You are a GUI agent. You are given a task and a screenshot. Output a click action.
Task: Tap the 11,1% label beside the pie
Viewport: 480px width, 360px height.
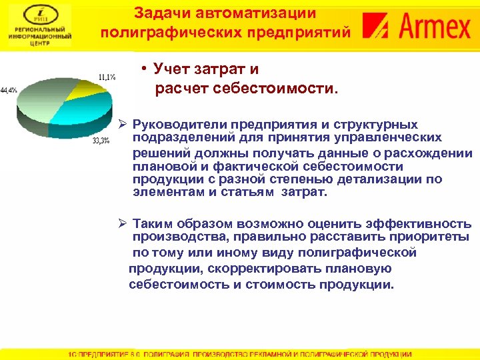107,77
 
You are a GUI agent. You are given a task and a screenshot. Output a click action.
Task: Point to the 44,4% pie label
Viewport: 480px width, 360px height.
9,89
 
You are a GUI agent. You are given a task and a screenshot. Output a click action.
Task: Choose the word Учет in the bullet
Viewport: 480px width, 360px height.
171,69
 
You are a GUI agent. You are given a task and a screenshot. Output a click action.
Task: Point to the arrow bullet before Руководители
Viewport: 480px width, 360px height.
122,125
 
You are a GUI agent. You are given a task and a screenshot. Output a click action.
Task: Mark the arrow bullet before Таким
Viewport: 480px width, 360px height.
122,224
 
